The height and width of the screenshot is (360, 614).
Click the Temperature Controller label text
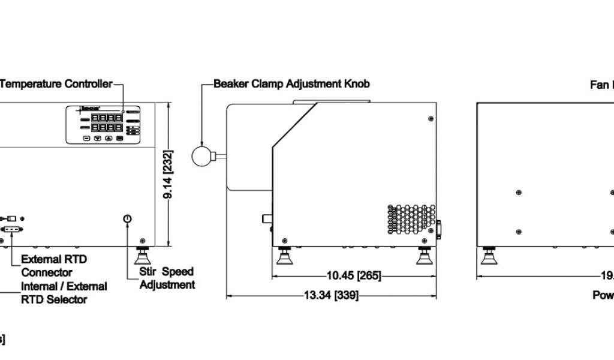point(56,84)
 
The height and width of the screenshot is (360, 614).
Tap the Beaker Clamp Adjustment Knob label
point(291,84)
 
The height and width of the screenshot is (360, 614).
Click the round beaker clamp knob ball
point(202,157)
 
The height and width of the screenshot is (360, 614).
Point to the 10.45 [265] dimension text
point(354,276)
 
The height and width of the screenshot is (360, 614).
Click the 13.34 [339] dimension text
point(332,295)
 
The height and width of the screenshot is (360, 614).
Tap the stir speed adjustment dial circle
point(127,220)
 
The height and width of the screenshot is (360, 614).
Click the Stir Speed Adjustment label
point(167,278)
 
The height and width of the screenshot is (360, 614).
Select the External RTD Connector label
point(54,266)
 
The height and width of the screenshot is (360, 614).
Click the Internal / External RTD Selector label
point(64,293)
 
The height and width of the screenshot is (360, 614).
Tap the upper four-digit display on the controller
point(106,118)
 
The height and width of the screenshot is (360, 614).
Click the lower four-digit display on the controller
point(106,128)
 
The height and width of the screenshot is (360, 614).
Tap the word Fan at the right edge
point(599,85)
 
